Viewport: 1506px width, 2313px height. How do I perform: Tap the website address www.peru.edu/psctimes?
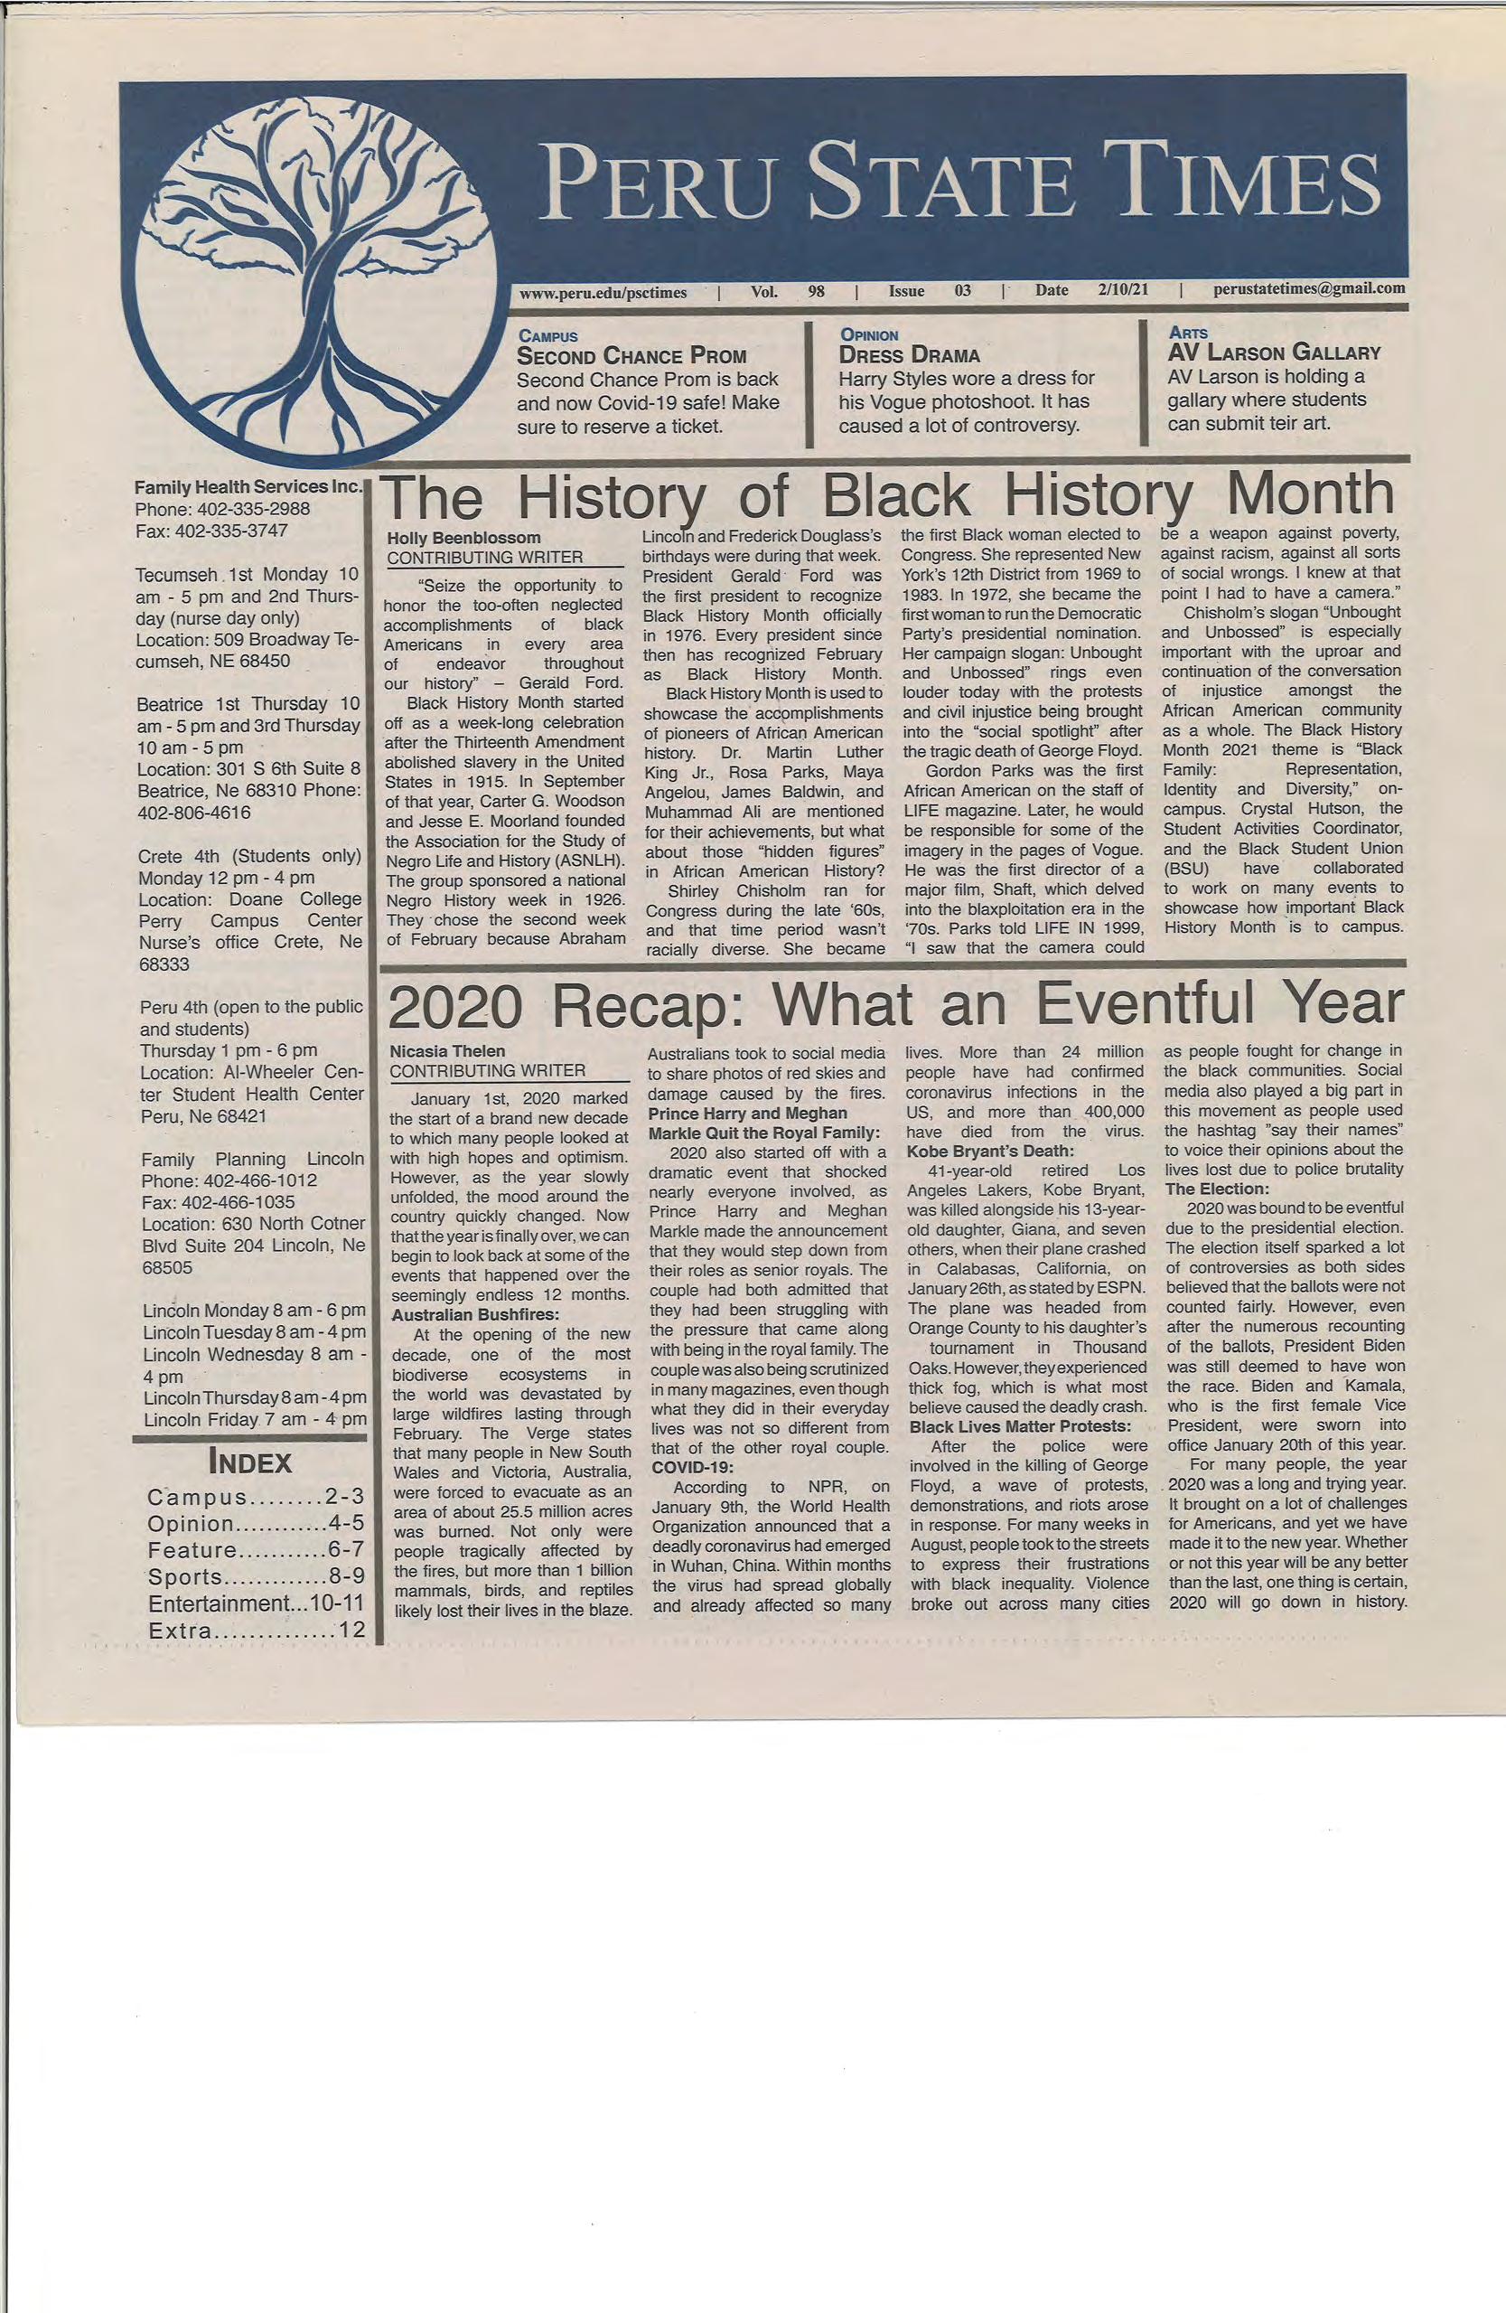(603, 289)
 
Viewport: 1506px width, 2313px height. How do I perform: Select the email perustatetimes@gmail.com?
(1308, 288)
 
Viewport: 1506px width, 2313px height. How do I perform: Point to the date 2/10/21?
(1123, 289)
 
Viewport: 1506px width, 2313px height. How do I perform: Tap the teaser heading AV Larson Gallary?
(1274, 352)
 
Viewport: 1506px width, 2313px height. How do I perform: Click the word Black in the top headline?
(895, 495)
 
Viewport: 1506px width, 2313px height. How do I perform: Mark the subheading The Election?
(1217, 1189)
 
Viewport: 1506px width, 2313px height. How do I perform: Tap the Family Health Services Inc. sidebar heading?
(248, 488)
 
